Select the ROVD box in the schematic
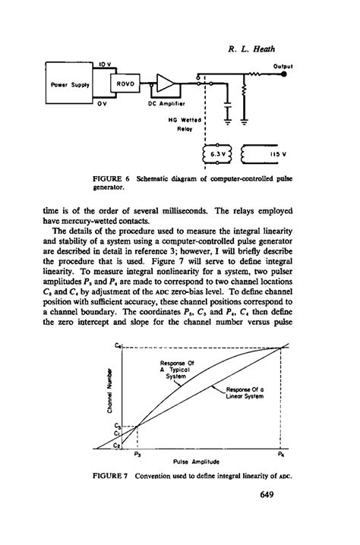(124, 85)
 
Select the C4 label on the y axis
(118, 347)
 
